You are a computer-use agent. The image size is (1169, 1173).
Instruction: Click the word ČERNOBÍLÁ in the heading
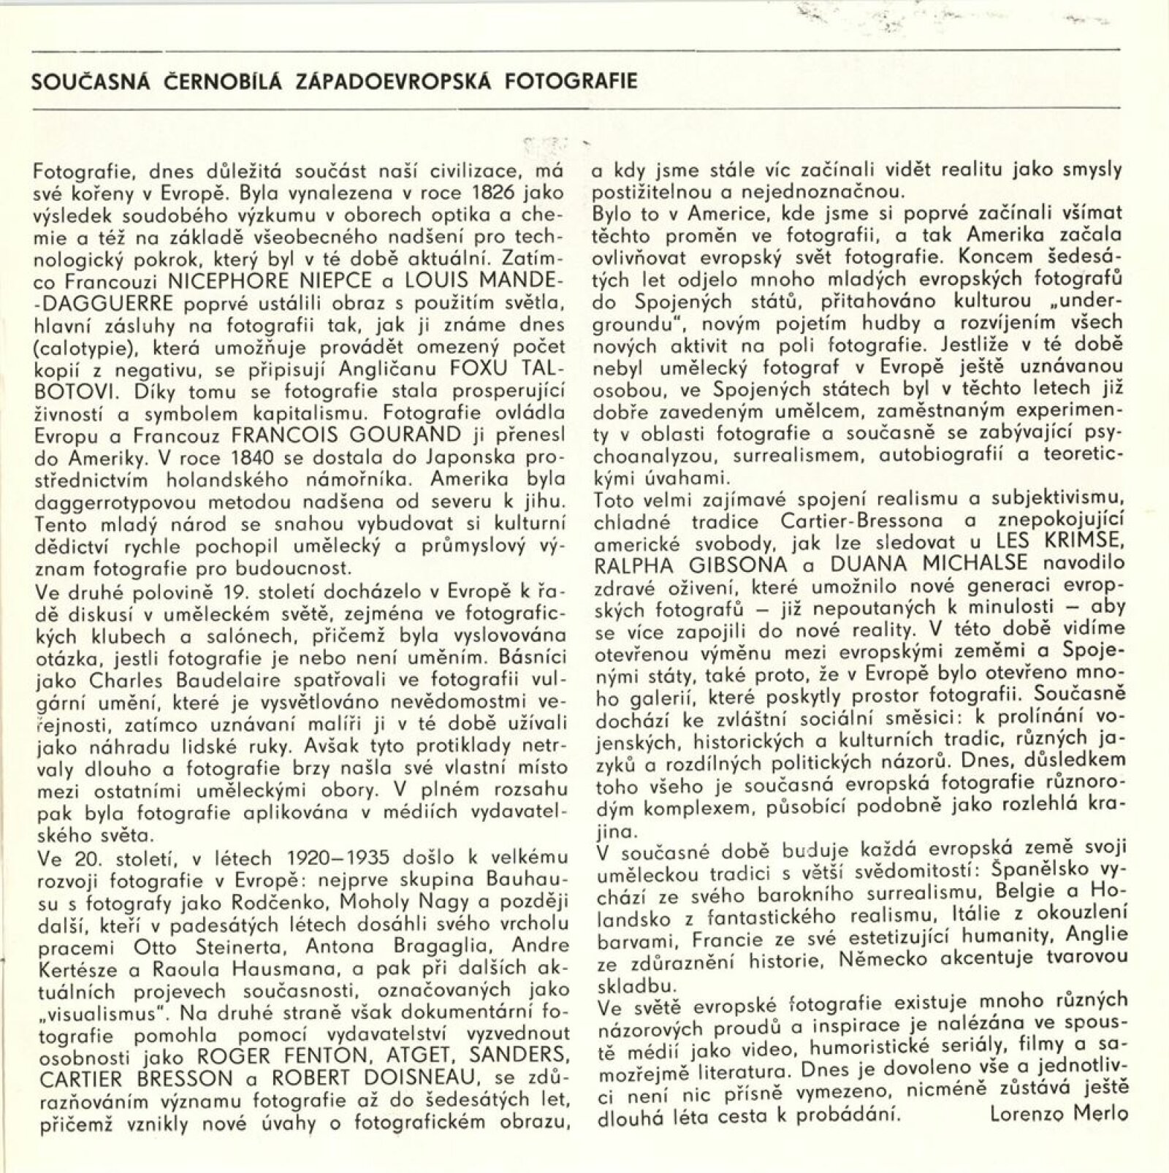pyautogui.click(x=218, y=81)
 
